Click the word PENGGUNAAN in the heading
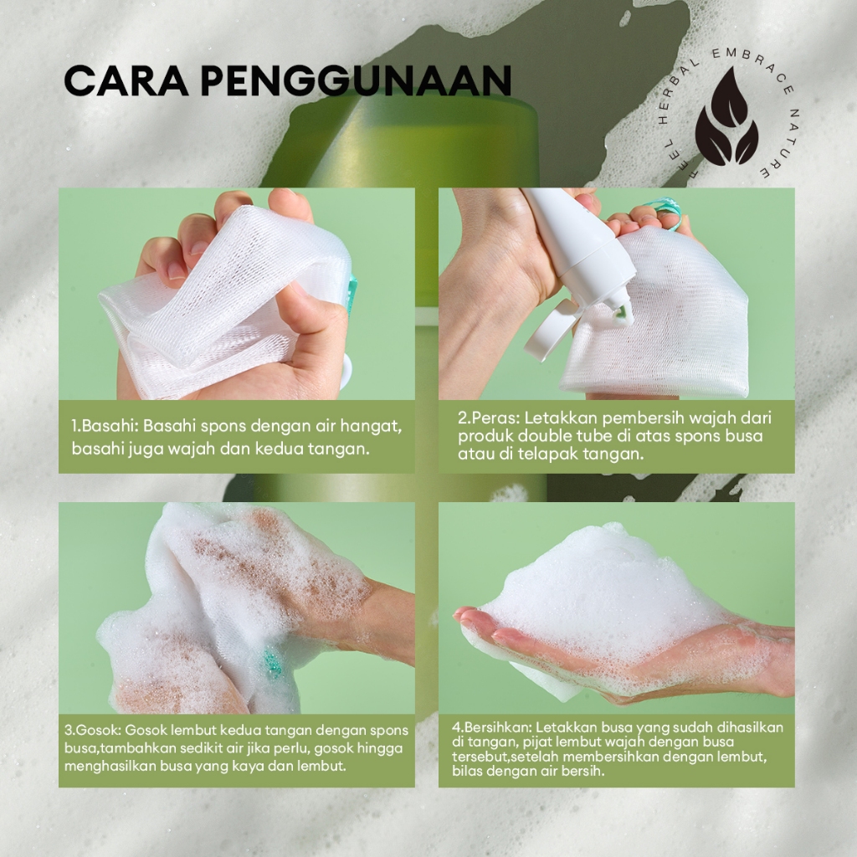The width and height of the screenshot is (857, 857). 356,81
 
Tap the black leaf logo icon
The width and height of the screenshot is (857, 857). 726,115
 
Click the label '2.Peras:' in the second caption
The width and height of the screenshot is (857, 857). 488,418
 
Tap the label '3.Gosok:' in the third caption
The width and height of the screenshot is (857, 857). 92,730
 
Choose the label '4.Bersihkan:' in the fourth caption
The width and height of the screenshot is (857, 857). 491,727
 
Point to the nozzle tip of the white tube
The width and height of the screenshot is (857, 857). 623,316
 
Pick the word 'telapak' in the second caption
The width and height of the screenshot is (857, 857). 552,454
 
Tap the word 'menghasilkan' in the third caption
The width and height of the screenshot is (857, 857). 110,766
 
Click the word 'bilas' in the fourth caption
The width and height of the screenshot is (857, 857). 467,771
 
